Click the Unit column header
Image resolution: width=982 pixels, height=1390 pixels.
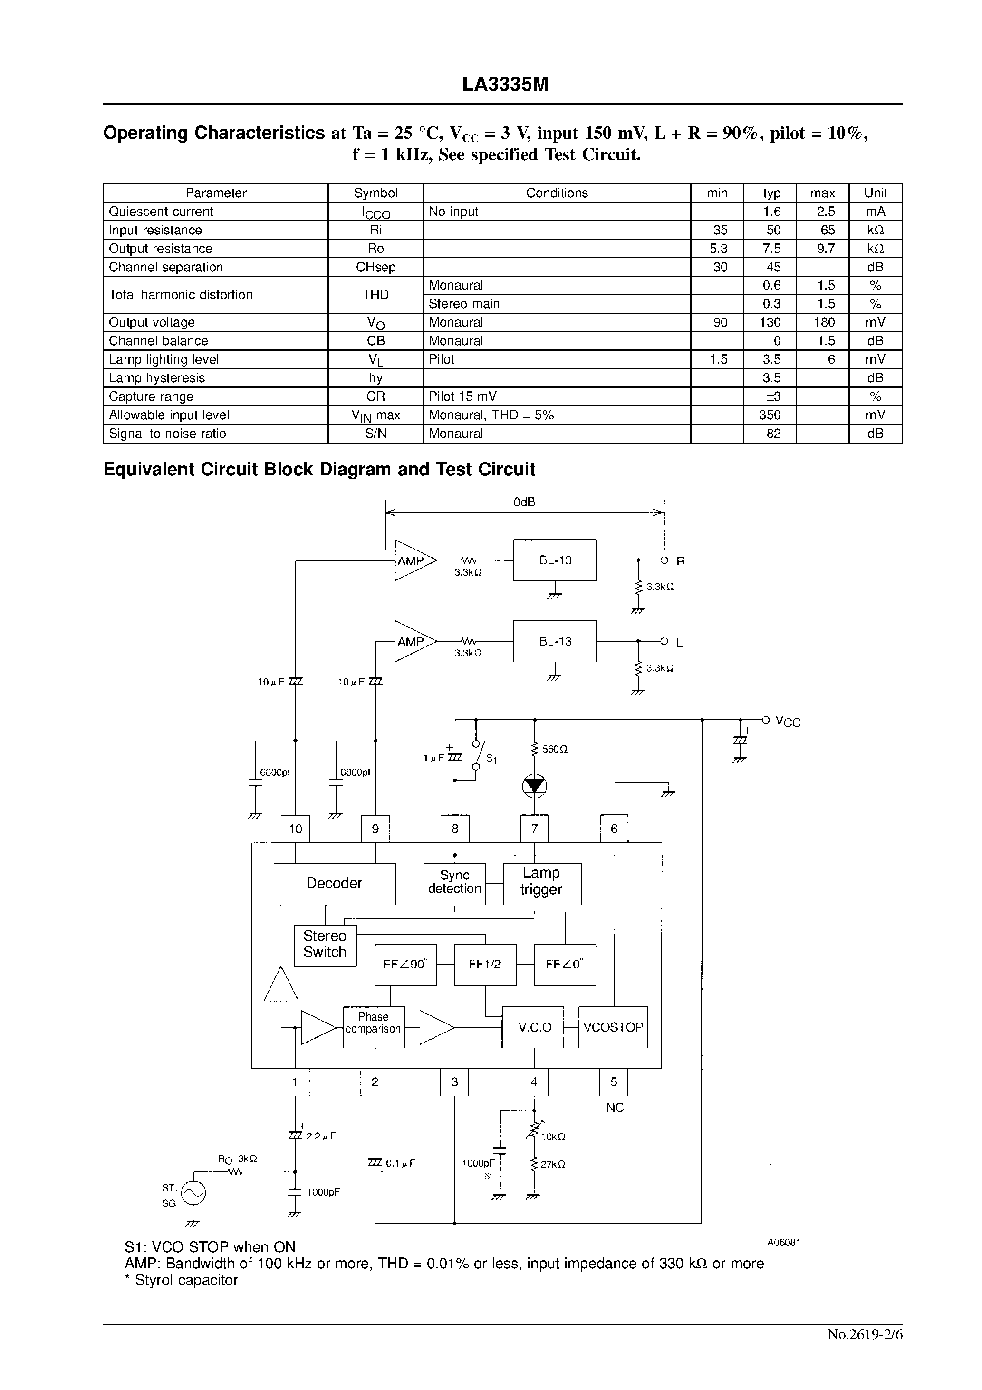875,193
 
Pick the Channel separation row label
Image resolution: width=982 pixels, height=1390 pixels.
166,267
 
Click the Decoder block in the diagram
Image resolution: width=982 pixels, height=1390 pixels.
334,883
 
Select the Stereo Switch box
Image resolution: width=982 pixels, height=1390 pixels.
325,945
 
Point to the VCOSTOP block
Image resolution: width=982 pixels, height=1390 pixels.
613,1027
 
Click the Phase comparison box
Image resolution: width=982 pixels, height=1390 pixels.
373,1027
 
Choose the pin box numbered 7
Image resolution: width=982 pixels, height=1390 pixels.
534,829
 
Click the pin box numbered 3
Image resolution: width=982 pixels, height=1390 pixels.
455,1082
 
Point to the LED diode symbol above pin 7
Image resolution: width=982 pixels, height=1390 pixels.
534,786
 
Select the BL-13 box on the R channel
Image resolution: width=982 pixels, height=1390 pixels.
555,560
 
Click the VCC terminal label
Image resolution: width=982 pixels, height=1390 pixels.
788,722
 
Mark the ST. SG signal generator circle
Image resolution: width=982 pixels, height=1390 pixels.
194,1193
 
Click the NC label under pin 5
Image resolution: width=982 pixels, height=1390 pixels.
614,1108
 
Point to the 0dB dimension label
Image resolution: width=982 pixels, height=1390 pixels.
524,502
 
